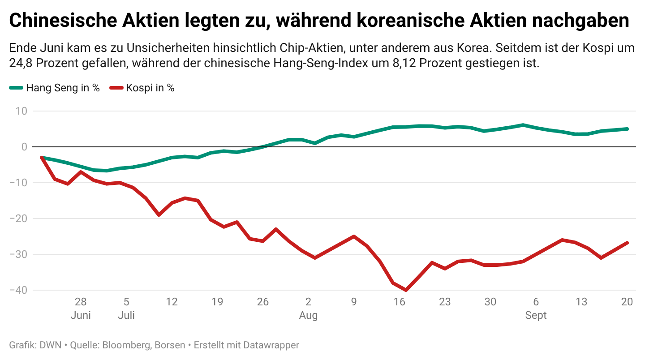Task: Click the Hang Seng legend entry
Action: coord(55,88)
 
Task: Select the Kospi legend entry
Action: coord(142,88)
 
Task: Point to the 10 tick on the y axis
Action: coord(21,111)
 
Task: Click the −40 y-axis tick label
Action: coord(18,290)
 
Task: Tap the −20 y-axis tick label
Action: coord(18,219)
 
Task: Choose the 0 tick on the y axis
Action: coord(24,147)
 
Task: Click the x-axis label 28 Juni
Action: coord(81,308)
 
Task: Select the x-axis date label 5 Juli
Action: coord(126,308)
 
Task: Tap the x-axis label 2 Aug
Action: coord(308,308)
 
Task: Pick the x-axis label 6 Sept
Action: coord(536,308)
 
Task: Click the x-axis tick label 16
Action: coord(400,302)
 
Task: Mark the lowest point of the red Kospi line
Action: coord(406,290)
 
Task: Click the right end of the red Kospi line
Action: coord(627,243)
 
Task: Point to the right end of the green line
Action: coord(627,129)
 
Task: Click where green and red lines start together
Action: coord(42,158)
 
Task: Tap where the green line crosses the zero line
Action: coord(264,147)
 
